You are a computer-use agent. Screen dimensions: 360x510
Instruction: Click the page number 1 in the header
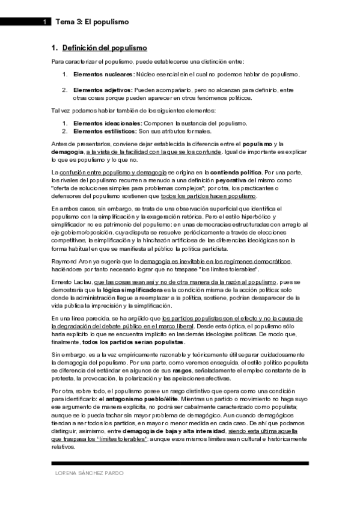(x=44, y=22)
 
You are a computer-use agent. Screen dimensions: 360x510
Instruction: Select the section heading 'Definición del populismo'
(x=105, y=48)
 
